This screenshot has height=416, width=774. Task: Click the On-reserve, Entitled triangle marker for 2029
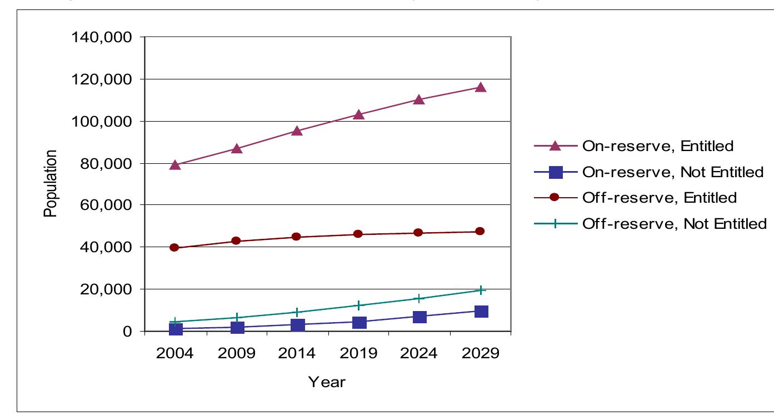tap(480, 87)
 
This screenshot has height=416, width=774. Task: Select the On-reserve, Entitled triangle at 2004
tap(176, 165)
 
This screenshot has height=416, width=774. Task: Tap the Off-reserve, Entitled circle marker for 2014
tap(297, 237)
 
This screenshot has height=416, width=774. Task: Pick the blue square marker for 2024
tap(420, 317)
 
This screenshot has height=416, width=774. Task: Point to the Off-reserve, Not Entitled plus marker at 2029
tap(481, 290)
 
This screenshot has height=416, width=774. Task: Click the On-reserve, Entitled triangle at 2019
tap(358, 114)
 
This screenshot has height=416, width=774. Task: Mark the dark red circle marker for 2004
tap(174, 248)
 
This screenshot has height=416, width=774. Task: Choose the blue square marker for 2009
tap(237, 328)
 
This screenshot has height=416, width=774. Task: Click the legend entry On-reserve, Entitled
tap(658, 146)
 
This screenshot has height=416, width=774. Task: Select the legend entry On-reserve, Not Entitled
tap(672, 172)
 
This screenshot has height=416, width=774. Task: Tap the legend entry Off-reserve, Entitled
tap(659, 198)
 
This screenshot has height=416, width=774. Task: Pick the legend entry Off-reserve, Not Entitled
tap(674, 224)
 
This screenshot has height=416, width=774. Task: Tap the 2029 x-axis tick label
tap(481, 354)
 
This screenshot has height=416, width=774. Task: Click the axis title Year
tap(327, 382)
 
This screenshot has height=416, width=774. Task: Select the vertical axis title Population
tap(51, 183)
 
